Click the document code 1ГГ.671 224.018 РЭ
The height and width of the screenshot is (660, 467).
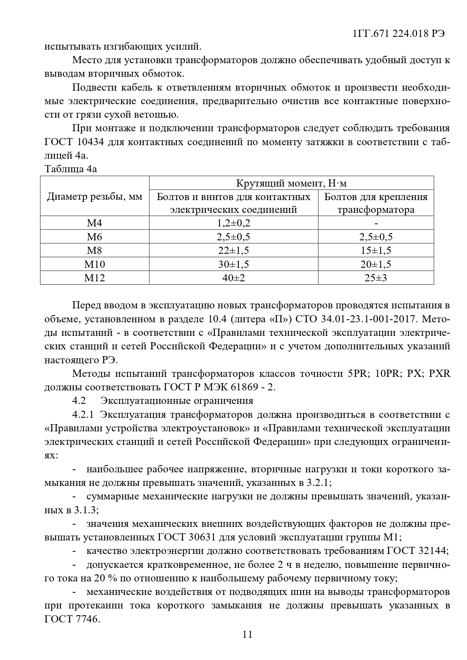399,33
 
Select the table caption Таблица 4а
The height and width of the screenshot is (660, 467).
71,169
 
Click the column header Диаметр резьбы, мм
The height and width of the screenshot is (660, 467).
94,197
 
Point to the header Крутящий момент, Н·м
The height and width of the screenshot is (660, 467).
291,183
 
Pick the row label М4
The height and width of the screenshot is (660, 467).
94,223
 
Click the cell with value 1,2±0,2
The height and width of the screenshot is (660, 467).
233,223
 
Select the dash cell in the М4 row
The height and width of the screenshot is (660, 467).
376,223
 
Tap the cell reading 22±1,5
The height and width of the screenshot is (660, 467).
233,250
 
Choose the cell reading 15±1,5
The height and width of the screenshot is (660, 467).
376,250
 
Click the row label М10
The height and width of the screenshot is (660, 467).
94,264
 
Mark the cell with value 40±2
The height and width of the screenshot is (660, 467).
233,278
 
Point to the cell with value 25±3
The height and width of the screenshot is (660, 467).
376,278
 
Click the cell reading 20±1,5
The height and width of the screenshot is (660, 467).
376,264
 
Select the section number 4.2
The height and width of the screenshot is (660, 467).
79,401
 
